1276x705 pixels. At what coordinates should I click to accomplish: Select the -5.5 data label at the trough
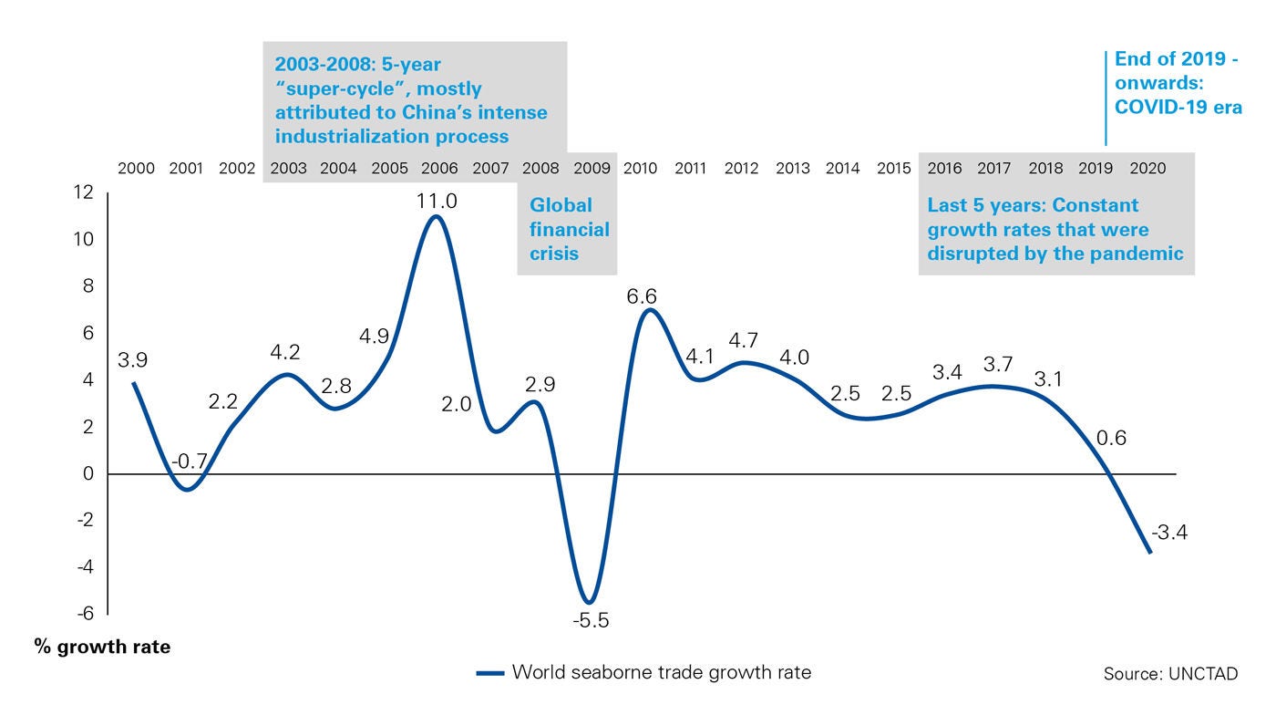coord(591,621)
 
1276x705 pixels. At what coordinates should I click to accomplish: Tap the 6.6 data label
coord(642,296)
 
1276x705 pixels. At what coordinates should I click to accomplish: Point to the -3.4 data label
coord(1168,531)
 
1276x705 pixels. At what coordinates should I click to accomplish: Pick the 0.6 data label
coord(1111,438)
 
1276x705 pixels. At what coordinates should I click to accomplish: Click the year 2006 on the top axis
coord(439,169)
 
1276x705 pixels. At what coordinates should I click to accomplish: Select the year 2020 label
coord(1147,169)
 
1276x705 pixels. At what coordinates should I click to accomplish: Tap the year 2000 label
coord(136,169)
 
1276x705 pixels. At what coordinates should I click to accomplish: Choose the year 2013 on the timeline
coord(793,169)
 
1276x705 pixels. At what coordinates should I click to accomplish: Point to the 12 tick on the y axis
coord(84,193)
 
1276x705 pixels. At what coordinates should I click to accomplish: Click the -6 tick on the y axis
coord(84,614)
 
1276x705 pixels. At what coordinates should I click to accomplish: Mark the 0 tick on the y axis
coord(88,474)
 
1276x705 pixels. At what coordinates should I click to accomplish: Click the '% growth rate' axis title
coord(102,648)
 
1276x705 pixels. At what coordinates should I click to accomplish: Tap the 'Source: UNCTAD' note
coord(1170,674)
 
